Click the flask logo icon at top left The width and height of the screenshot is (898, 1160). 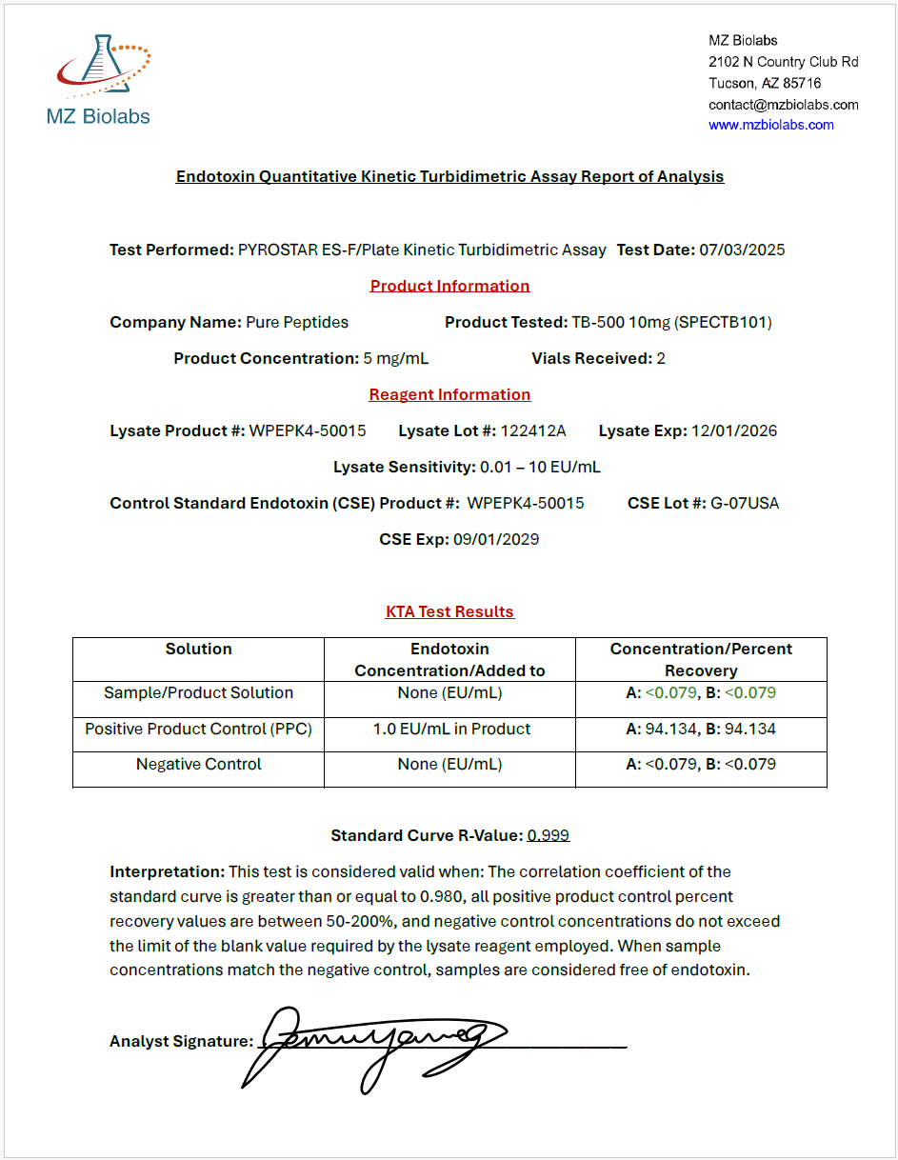103,67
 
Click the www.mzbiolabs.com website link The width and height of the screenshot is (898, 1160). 770,125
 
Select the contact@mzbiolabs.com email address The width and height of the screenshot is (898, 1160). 783,105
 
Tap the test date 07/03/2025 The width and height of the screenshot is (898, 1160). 742,250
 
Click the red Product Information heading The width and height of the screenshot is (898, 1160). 449,286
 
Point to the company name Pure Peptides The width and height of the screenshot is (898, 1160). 297,323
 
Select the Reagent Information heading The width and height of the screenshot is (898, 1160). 449,395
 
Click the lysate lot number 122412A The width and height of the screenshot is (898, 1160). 533,431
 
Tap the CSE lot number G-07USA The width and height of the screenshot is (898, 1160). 745,504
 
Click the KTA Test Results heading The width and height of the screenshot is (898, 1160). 449,612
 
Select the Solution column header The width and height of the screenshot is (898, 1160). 198,650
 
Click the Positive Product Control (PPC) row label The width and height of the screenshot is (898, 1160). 198,730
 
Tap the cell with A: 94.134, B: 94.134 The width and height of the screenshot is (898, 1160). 701,730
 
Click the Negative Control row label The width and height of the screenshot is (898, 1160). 198,765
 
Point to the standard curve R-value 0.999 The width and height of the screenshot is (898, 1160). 549,836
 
